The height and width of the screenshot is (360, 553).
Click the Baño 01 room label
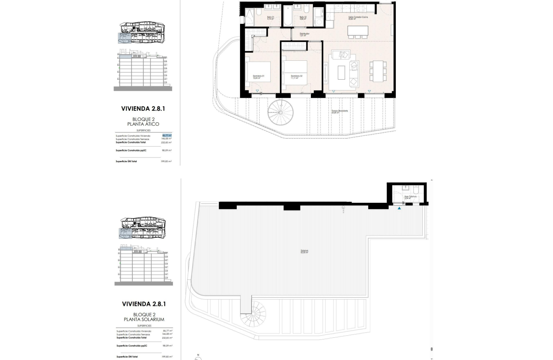point(271,18)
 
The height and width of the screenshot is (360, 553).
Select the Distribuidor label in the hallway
point(304,34)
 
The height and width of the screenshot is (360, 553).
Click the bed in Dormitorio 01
point(258,71)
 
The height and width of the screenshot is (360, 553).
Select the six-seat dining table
point(378,71)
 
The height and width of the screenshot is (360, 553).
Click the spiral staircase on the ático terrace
point(281,113)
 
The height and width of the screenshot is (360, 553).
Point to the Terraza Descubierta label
point(340,111)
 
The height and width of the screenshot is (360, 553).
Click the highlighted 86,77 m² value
point(167,136)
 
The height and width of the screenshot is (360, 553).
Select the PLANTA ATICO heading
point(143,124)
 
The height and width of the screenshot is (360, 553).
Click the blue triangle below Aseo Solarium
point(400,208)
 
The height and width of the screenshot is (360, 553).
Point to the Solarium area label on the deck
point(304,251)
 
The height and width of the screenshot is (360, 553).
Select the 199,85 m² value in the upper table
point(166,161)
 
